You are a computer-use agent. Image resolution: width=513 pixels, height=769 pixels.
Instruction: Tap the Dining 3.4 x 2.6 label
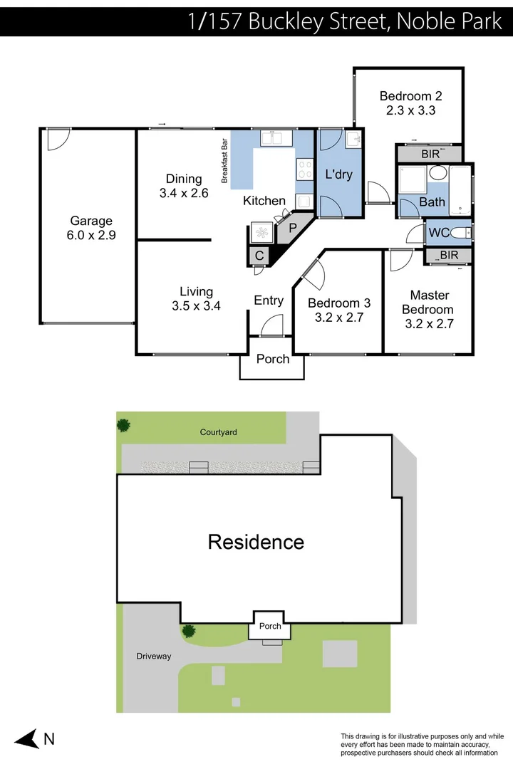[184, 186]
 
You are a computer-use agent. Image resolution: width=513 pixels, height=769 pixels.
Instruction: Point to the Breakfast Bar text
[224, 161]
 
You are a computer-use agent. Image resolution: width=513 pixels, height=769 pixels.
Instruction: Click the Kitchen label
[264, 201]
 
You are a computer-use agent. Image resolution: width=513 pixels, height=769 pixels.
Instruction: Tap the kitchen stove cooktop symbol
[304, 169]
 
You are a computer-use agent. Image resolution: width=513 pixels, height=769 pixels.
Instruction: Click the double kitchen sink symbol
[272, 138]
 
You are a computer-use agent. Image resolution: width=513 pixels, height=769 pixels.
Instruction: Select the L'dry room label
[339, 174]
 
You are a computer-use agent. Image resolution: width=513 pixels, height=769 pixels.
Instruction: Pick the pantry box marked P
[292, 229]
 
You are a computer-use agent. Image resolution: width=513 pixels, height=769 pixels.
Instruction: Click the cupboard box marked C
[259, 256]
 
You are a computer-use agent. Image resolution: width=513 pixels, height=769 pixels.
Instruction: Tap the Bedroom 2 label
[411, 103]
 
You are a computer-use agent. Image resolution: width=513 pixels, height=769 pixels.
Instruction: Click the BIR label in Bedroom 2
[430, 154]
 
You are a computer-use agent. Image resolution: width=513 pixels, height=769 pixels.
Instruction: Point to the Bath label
[432, 202]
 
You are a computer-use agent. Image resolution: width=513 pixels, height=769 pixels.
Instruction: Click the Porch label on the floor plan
[273, 359]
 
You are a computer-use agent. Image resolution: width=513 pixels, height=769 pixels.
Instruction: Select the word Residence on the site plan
[256, 542]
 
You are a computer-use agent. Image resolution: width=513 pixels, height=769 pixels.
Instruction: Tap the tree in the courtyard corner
[124, 426]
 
